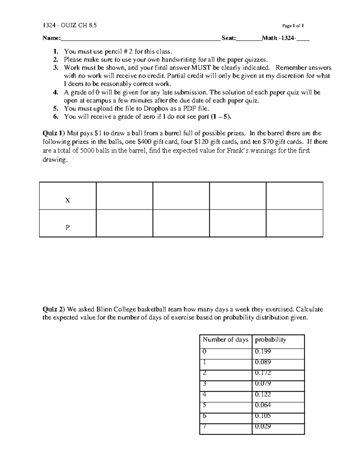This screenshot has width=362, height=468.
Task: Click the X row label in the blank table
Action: click(68, 200)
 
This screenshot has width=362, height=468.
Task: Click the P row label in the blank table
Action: click(68, 228)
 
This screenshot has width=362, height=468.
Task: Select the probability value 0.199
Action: click(263, 351)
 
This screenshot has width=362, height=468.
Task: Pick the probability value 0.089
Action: click(263, 362)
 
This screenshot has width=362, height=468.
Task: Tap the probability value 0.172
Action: click(263, 373)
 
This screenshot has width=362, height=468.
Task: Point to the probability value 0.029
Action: click(263, 426)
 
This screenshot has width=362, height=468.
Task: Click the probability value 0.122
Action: click(263, 394)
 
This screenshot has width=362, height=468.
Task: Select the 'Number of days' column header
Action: click(225, 340)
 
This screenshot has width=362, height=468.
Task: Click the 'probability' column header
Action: click(270, 340)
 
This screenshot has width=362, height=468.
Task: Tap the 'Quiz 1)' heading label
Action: click(53, 133)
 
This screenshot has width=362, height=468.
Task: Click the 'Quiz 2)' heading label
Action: click(53, 309)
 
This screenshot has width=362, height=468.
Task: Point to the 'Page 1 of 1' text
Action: click(293, 26)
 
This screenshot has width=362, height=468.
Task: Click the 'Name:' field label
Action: click(51, 38)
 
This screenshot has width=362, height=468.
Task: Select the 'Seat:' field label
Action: click(229, 38)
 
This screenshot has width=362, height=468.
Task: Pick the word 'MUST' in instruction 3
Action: click(197, 68)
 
